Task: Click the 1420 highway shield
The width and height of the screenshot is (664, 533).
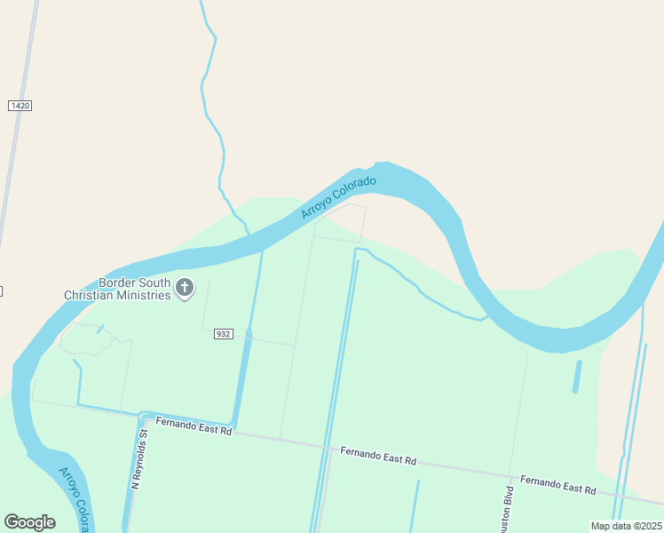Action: pos(20,106)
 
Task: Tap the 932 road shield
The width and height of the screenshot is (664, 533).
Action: pos(223,334)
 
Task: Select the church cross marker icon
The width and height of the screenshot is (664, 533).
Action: pos(185,287)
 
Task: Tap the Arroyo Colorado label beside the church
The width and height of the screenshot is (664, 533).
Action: pos(338,198)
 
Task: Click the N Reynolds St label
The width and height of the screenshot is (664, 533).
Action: pos(138,459)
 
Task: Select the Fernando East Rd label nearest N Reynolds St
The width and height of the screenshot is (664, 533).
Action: pos(194,427)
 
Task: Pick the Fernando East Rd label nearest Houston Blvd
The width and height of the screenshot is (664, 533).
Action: pos(557,485)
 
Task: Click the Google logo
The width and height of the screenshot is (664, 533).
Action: pos(29,522)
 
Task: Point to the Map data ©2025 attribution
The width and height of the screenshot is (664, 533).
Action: pos(627,526)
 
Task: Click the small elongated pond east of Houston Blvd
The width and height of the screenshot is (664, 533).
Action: pos(577,377)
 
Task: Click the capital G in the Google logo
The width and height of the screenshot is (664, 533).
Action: pos(12,522)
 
